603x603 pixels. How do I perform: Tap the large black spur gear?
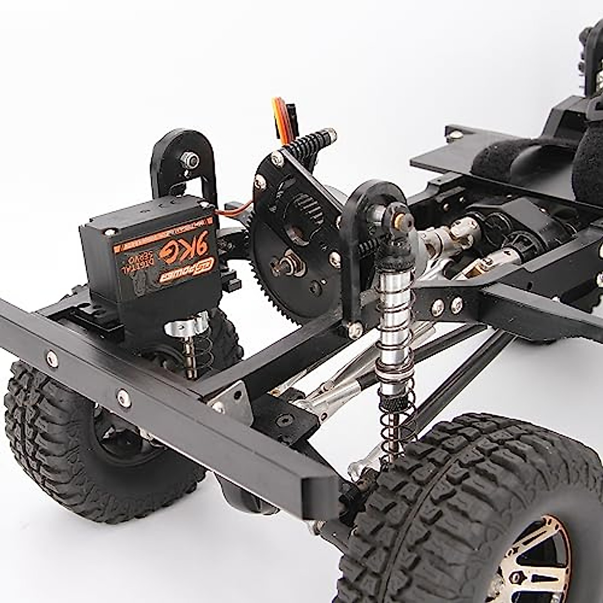coord(289,281)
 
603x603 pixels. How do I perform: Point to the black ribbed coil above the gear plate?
coord(314,141)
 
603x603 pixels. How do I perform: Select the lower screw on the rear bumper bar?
coord(123,398)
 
